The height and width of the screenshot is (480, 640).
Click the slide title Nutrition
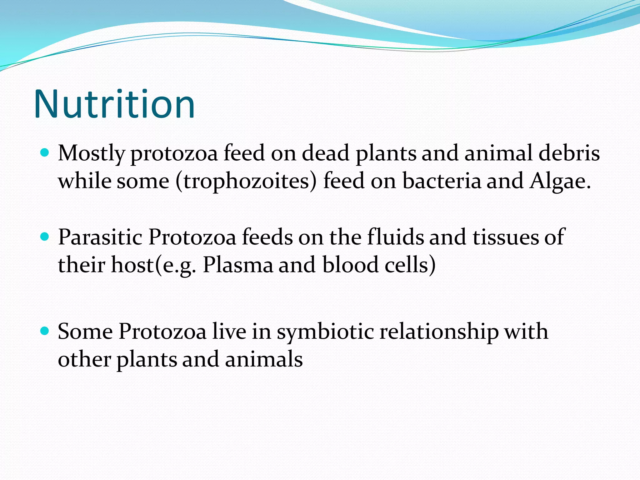[x=114, y=104]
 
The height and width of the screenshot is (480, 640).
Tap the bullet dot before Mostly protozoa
[x=45, y=153]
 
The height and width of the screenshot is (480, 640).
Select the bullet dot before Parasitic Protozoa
[x=45, y=237]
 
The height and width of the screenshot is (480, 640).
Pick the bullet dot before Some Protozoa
[x=45, y=331]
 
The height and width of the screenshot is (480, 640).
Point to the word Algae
[x=559, y=181]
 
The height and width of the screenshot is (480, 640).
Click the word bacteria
[x=441, y=181]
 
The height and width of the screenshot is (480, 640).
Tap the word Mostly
[x=91, y=154]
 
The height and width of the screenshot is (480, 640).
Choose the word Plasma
[x=237, y=265]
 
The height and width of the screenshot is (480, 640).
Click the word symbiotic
[x=325, y=332]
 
